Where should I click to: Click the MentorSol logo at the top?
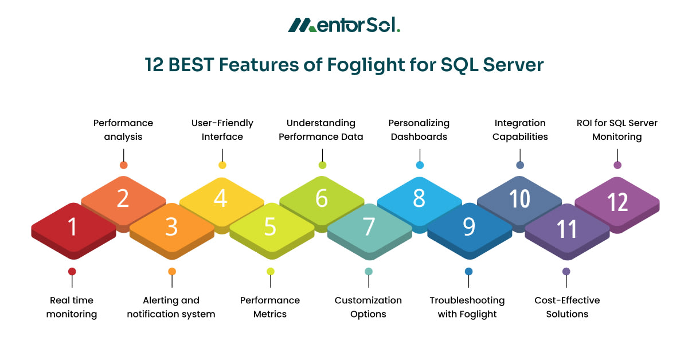coord(343,25)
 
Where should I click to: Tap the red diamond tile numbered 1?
coord(73,228)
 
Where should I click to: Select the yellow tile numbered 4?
coord(221,199)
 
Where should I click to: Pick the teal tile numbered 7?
coord(369,228)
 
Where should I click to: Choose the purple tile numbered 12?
coord(617,202)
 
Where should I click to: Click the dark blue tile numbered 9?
coord(469,228)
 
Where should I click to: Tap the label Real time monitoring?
coord(72,307)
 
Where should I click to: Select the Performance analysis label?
coord(123,130)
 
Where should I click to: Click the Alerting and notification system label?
coord(171,307)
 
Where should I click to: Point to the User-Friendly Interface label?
coord(222,130)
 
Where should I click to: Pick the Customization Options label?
coord(368,307)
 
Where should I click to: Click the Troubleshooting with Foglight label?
coord(467,307)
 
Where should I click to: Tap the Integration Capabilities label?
coord(520,130)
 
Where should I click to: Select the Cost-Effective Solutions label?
coord(567,307)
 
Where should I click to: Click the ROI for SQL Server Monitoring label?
coord(617,130)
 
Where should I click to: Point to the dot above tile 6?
coord(322,165)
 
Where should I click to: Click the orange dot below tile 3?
coord(172,271)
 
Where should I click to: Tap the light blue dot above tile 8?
coord(420,165)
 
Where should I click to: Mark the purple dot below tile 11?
coord(566,271)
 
